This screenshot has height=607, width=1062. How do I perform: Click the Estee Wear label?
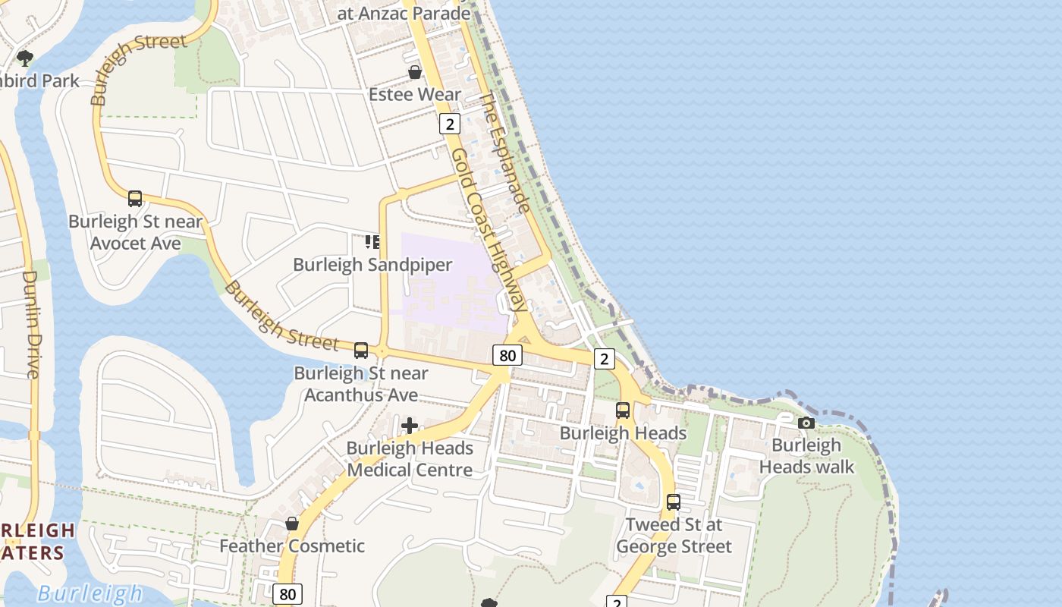pos(415,94)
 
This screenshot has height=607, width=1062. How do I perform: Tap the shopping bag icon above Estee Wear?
pos(415,72)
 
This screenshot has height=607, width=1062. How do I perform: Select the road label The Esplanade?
pos(504,153)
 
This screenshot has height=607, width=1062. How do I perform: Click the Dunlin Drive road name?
pos(32,324)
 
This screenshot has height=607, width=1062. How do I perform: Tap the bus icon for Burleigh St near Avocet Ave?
pos(135,199)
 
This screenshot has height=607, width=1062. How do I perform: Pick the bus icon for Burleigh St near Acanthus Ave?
pos(361,351)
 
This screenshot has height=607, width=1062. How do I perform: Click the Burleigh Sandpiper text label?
pos(372,265)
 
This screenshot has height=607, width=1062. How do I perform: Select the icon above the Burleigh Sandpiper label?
pos(372,242)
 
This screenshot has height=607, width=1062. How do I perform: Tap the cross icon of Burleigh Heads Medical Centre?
pos(410,426)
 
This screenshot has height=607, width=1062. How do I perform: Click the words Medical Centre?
pos(410,470)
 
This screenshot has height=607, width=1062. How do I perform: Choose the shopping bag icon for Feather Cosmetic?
pos(292,524)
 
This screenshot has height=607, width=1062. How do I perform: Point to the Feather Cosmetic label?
pos(292,546)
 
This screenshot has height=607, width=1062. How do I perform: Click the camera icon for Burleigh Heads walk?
pos(806,423)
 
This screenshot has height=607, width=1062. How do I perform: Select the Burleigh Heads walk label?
pos(806,455)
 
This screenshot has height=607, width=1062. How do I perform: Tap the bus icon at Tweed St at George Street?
pos(674,502)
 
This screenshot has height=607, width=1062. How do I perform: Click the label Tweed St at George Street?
pos(674,535)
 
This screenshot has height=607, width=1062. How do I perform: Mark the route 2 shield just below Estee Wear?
pos(450,124)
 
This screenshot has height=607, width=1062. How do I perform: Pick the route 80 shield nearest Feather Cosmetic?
pos(287,594)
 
